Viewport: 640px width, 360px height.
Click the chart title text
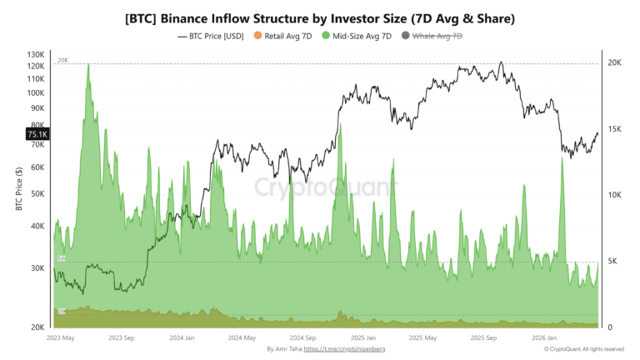[320, 17]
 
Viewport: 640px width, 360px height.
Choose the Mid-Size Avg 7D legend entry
[360, 36]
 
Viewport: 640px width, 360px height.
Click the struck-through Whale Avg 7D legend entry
[437, 36]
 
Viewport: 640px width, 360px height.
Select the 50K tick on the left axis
[37, 193]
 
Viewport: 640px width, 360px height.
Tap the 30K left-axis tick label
[37, 268]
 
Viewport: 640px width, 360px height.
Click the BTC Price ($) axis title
[17, 189]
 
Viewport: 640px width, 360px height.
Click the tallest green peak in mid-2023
[88, 66]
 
